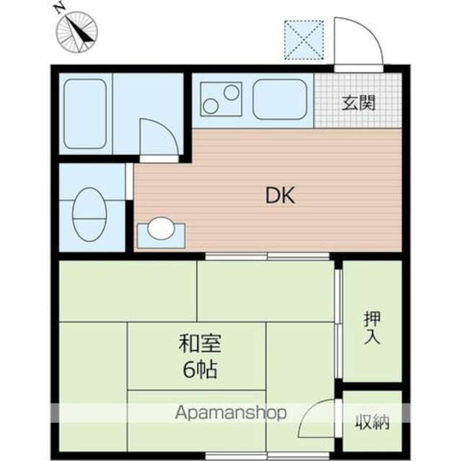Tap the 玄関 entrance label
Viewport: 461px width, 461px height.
[358, 102]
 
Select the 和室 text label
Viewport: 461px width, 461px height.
[195, 345]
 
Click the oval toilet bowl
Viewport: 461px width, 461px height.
[89, 213]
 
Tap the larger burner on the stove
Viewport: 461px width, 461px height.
[231, 92]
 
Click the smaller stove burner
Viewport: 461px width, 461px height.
[210, 107]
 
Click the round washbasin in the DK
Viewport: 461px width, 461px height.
[160, 229]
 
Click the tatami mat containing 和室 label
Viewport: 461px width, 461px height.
[197, 356]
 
